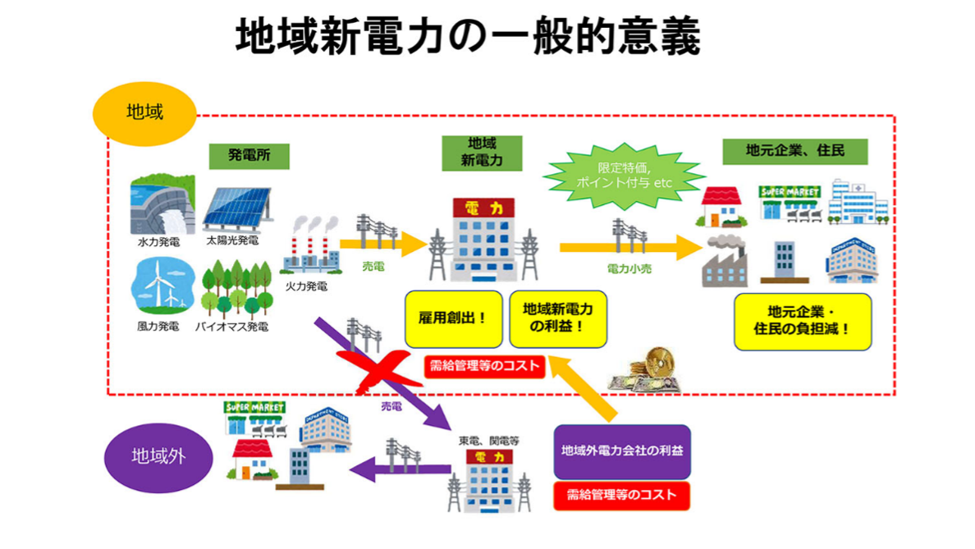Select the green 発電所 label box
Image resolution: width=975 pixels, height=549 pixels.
point(248,154)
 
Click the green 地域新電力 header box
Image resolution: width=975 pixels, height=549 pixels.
point(482,152)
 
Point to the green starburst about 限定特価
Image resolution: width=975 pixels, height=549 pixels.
point(624,175)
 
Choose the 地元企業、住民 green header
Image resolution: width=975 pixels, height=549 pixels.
point(794,151)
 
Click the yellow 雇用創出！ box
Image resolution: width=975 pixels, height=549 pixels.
point(453,318)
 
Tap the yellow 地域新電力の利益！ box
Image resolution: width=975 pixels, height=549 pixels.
point(558,318)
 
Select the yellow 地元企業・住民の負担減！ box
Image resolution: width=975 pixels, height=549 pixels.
point(802,321)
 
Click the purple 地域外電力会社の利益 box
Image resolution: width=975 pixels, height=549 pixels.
point(621,451)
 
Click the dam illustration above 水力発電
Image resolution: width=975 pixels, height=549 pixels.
point(162,204)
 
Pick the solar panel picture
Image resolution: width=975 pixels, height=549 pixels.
point(236,208)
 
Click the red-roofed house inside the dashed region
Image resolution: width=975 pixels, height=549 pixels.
point(721,206)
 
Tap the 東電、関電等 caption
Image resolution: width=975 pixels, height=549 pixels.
point(488,441)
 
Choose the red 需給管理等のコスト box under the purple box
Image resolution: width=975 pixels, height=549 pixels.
point(621,495)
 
